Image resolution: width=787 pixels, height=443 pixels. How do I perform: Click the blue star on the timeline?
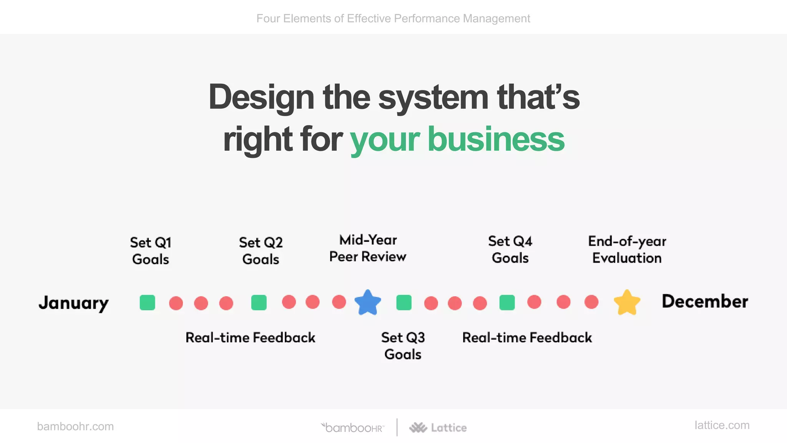click(368, 302)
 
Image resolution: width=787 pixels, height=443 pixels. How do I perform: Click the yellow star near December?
click(627, 303)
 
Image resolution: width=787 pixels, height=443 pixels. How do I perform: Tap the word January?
click(73, 303)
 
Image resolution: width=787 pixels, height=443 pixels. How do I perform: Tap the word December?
click(705, 301)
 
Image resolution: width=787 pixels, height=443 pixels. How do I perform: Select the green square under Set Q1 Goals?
click(147, 302)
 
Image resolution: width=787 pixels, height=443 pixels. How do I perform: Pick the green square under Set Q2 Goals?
click(259, 302)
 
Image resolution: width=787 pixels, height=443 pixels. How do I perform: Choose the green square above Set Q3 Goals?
click(403, 302)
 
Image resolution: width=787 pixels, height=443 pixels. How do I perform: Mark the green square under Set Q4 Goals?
click(507, 302)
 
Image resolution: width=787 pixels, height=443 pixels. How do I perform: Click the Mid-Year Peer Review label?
click(368, 248)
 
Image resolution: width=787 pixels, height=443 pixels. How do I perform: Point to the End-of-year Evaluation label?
click(627, 250)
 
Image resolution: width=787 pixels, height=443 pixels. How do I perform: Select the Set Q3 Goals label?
click(403, 346)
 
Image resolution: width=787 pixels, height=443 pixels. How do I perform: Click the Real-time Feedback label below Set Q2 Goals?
click(250, 338)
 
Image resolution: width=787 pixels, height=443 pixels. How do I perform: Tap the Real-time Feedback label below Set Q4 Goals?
click(527, 338)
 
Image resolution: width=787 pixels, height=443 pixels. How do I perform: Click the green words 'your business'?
click(457, 139)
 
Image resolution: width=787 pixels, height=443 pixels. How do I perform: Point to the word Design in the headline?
click(261, 97)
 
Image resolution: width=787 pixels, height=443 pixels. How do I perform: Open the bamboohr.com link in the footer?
click(75, 426)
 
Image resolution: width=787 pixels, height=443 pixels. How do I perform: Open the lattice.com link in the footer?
click(722, 425)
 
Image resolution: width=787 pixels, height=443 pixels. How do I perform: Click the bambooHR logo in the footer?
click(353, 428)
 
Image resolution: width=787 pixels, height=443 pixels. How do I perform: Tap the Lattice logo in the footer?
click(438, 428)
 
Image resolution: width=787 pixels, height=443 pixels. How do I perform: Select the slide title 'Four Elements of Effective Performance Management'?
click(393, 18)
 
